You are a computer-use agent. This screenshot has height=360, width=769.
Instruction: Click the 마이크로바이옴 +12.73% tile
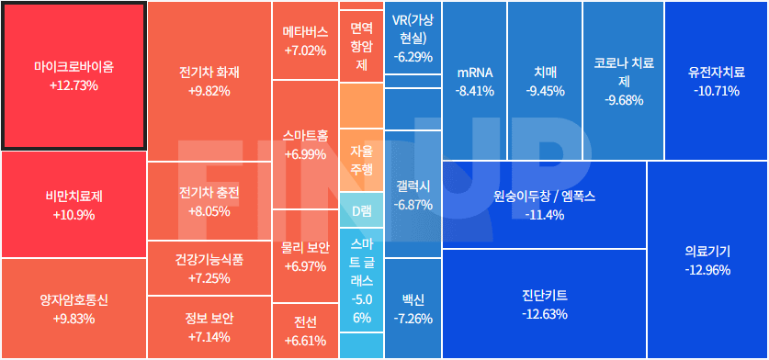pos(74,76)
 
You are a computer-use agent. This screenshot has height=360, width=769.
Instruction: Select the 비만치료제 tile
pos(74,205)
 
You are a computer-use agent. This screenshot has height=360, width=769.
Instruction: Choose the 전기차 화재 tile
pos(209,82)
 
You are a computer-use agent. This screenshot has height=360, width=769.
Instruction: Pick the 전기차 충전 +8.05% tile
pos(209,201)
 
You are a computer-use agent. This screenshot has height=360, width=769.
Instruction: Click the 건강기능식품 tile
pos(209,268)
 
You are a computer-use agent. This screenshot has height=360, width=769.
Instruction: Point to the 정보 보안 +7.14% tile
pos(209,327)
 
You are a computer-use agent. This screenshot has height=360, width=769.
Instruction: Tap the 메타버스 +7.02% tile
pos(305,40)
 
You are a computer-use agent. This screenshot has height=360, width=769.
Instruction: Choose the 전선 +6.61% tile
pos(305,331)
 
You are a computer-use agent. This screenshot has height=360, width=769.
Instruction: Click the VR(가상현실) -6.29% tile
pos(413,38)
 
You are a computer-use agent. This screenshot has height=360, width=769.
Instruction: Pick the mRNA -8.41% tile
pos(474,81)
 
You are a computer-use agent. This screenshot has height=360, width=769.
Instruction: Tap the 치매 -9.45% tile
pos(544,81)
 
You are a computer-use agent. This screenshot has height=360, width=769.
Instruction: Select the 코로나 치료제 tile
pos(624,81)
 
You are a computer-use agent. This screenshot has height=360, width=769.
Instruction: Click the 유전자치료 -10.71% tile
pos(716,81)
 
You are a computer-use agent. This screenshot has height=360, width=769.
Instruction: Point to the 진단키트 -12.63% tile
pos(543,304)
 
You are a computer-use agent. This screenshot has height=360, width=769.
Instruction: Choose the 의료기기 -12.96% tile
pos(707,259)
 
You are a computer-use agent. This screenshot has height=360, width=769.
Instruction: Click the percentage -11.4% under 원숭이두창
pos(544,215)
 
